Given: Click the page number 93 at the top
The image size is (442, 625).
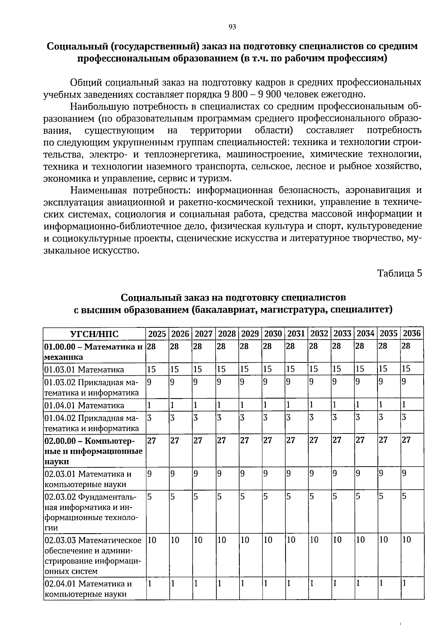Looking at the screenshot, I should click(x=232, y=27).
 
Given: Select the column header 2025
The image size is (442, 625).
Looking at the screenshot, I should click(x=157, y=334).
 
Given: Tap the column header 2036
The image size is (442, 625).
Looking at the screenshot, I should click(x=411, y=334).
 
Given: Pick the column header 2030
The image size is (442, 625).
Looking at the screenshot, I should click(x=273, y=334).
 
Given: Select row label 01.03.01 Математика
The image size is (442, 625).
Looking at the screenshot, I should click(x=84, y=369).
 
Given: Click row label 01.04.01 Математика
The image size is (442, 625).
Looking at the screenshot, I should click(x=84, y=405).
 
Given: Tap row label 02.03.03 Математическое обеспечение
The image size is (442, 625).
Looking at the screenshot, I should click(x=93, y=555).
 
